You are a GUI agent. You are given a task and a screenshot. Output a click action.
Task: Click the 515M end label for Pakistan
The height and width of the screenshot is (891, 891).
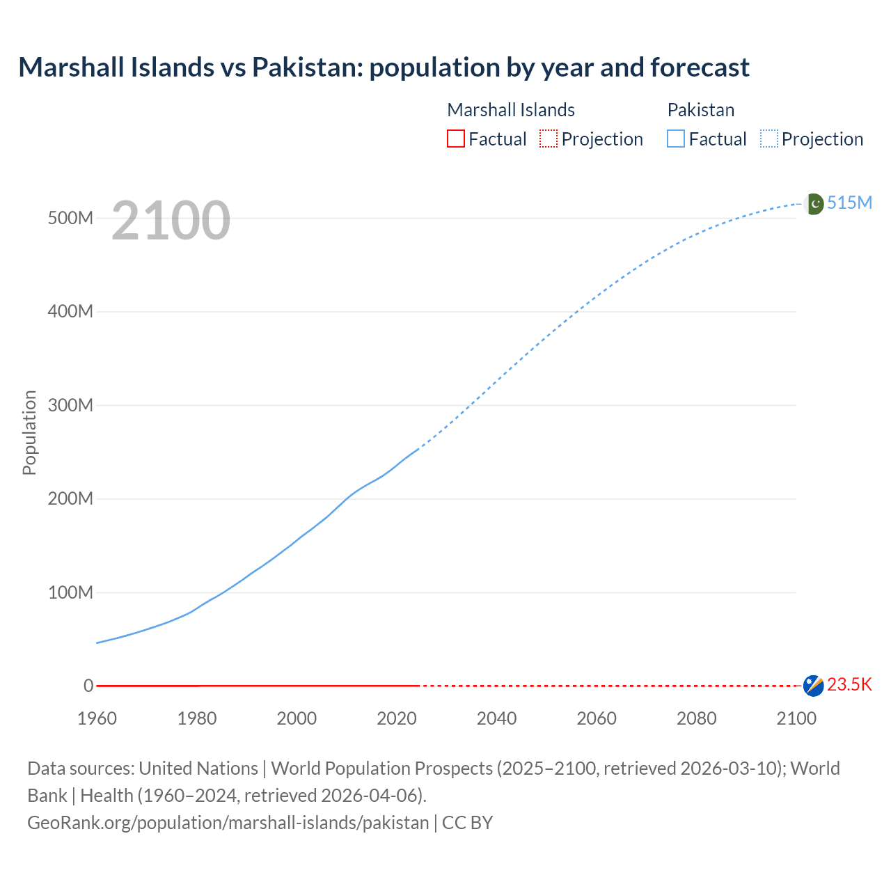(849, 203)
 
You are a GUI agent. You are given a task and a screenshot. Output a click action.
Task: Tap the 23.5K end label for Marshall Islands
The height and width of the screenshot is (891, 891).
(849, 685)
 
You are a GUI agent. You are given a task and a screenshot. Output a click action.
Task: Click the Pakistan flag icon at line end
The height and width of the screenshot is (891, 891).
(814, 204)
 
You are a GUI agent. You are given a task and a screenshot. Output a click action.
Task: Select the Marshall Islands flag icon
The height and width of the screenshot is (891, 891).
(813, 686)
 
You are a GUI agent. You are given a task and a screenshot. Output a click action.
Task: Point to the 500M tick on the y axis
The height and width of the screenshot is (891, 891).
(70, 218)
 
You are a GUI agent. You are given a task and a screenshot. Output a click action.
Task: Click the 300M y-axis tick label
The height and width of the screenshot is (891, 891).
(70, 405)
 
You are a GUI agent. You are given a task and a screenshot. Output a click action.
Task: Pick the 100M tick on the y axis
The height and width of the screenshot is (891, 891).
(70, 592)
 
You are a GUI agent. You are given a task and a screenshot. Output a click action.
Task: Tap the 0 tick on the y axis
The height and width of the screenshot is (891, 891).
(88, 686)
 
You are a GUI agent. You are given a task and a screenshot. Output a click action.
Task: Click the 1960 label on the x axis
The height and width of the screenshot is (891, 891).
(97, 718)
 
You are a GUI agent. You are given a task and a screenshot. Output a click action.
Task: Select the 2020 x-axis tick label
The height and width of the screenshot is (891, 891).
(397, 718)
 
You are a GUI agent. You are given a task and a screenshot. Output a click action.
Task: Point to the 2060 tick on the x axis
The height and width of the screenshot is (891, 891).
(597, 718)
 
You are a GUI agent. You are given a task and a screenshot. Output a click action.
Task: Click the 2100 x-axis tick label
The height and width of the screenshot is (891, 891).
(796, 718)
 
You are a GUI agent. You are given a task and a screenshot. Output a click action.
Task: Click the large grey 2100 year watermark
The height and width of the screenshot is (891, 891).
(171, 221)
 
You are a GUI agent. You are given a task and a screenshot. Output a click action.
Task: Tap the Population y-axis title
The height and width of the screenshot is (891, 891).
(29, 432)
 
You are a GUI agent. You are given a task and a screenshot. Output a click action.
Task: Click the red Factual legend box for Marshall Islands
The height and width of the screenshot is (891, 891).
(456, 139)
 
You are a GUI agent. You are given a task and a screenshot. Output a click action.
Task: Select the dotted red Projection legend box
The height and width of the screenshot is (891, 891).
(549, 139)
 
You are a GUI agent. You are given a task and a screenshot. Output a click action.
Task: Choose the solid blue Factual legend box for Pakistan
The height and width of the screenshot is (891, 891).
(676, 139)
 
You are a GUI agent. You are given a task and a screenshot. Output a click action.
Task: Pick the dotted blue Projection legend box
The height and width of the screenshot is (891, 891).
(769, 139)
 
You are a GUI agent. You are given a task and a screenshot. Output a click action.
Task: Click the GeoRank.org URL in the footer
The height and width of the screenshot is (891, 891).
(228, 823)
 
